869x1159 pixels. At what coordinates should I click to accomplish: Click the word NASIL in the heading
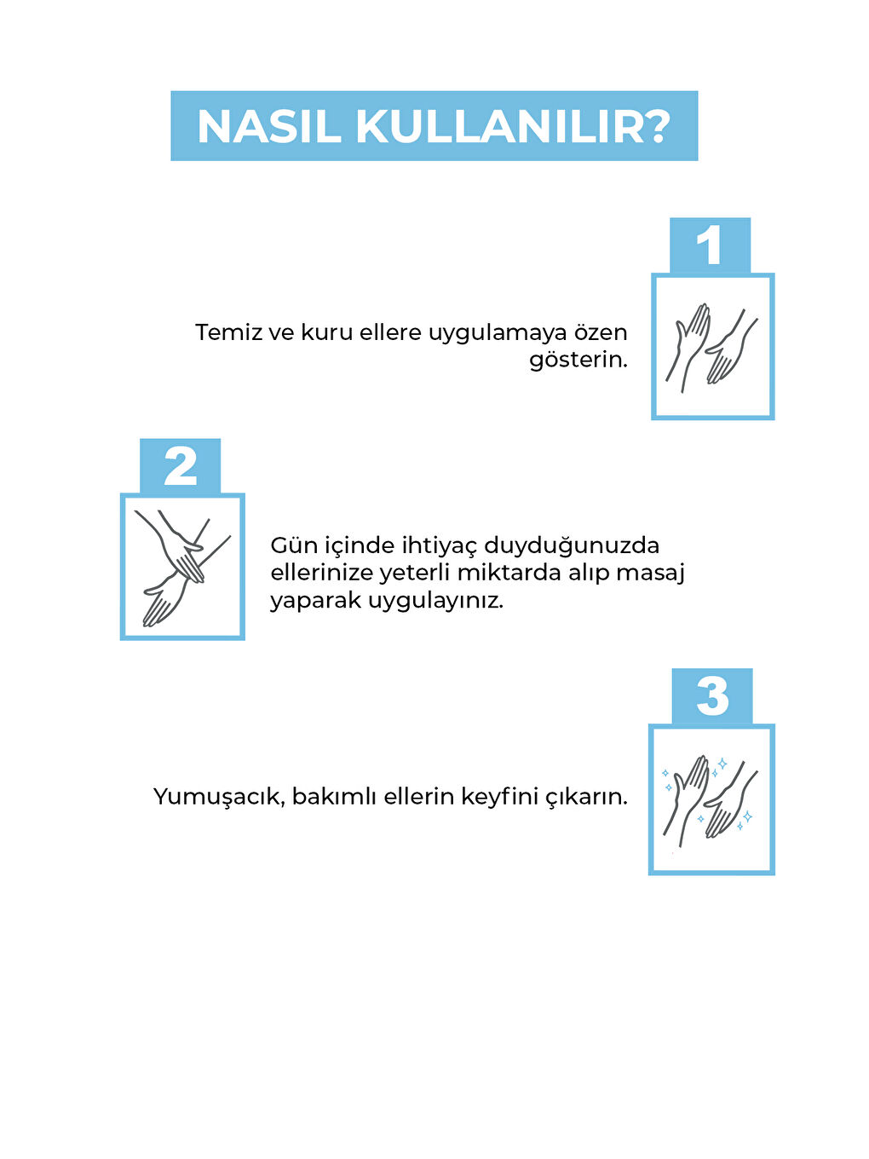coord(270,127)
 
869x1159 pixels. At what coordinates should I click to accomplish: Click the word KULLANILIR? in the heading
coord(513,127)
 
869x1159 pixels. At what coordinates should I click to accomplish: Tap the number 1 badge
coord(710,245)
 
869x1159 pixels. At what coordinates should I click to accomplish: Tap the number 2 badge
coord(180,467)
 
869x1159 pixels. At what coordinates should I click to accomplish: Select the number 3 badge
coord(712,697)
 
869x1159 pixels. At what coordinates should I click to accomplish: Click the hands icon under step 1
coord(712,347)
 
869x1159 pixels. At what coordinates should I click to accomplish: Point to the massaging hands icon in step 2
coord(182,567)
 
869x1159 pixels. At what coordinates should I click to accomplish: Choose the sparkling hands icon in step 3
coord(711,799)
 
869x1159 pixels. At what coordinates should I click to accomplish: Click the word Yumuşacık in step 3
coord(218,798)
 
